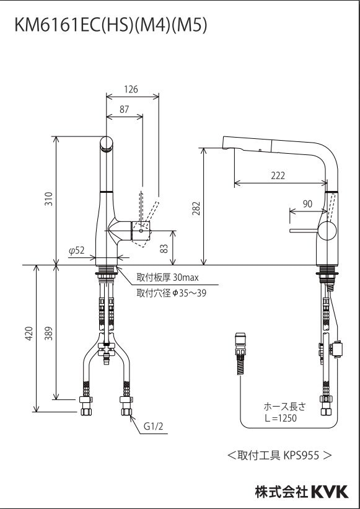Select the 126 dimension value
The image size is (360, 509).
pos(131,89)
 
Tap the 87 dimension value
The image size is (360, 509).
pos(124,109)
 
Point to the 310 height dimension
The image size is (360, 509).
pos(49,198)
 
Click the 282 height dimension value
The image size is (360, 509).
pos(196,208)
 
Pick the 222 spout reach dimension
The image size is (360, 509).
pos(278,175)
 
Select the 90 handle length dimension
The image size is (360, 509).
pos(307,204)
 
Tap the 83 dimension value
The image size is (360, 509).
pos(164,249)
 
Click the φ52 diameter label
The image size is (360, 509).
pos(77,250)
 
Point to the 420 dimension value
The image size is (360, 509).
pos(29,333)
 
